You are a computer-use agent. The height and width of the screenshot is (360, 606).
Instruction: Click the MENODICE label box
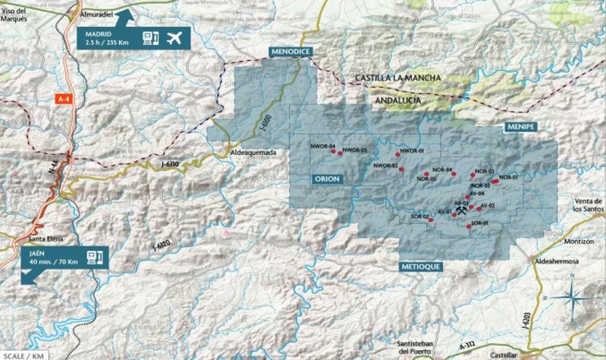291,52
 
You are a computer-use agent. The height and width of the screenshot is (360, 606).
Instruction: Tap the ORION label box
327,179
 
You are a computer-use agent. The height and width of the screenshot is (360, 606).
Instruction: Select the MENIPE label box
520,127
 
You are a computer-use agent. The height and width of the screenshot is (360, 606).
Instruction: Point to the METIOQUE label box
420,267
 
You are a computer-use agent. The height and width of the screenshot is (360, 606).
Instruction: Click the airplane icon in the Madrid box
174,38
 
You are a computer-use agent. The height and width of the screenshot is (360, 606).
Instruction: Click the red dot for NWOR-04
333,151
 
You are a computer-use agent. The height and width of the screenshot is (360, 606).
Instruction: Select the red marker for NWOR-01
397,154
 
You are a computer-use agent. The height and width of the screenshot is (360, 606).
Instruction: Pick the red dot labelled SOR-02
431,220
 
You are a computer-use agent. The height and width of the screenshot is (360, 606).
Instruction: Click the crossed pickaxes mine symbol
461,211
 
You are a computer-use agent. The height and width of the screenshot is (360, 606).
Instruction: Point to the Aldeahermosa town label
556,261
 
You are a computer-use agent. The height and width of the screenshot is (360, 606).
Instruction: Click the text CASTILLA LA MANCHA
398,78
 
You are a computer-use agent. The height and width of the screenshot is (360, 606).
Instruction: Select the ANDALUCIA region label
398,100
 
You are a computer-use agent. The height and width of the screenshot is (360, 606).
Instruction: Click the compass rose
573,297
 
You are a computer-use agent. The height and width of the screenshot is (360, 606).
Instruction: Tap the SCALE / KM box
23,356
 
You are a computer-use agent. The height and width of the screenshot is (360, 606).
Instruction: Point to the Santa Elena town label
45,239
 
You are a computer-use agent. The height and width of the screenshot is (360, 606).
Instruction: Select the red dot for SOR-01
469,226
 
